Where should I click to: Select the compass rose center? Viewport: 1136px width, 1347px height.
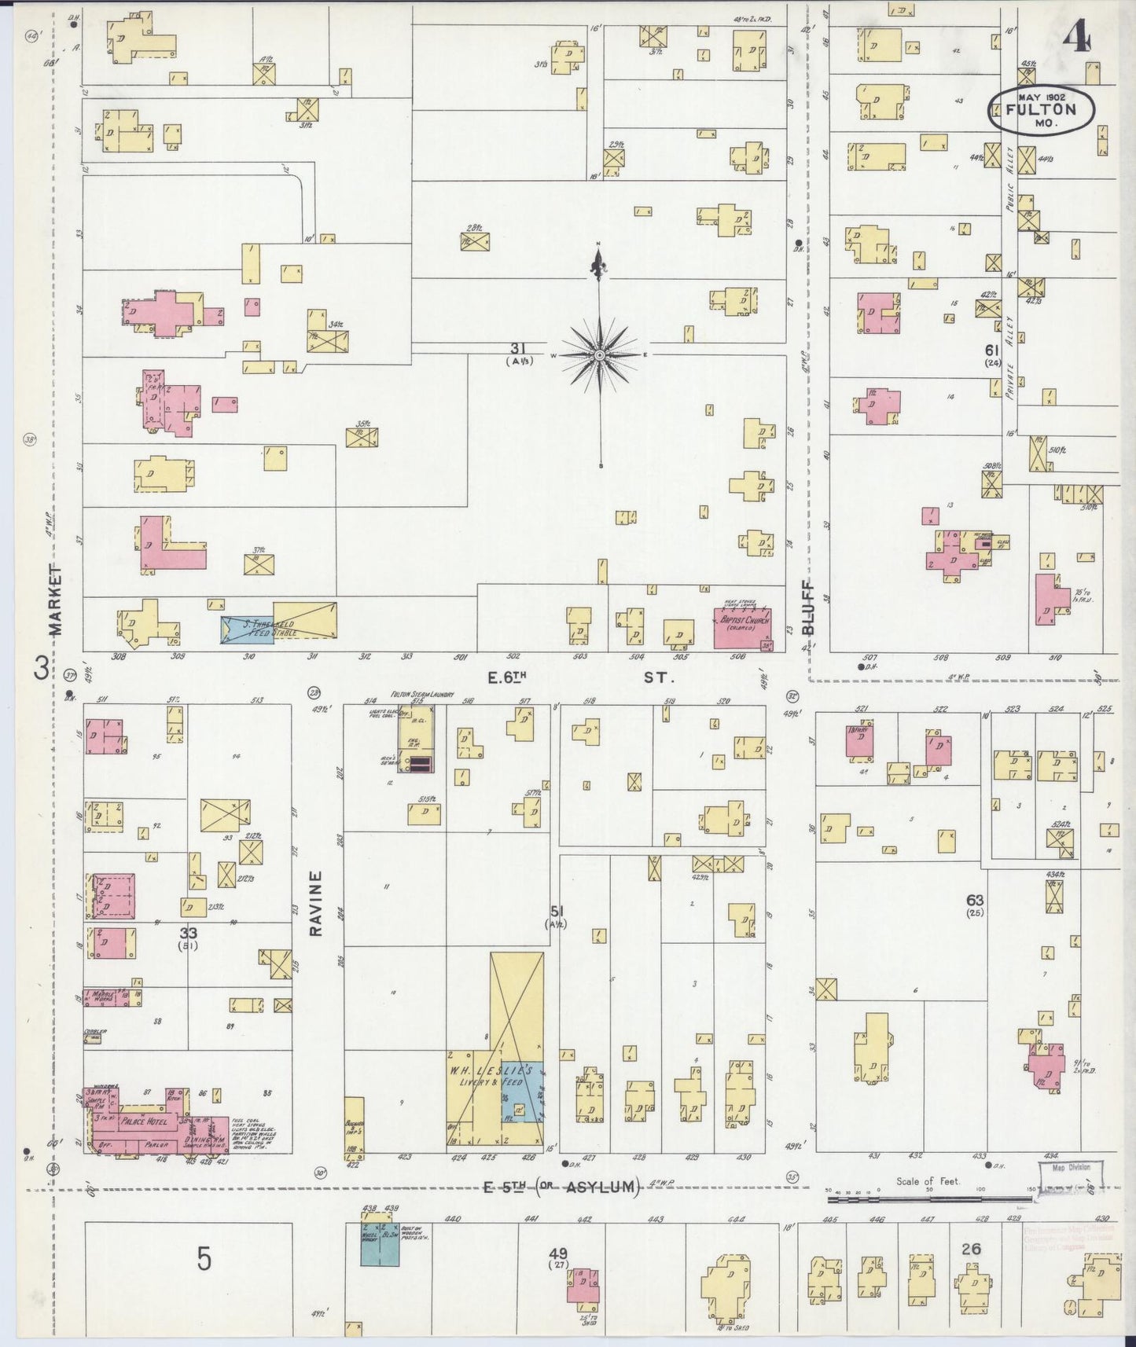(x=600, y=355)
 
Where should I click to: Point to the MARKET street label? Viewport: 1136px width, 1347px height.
(x=55, y=600)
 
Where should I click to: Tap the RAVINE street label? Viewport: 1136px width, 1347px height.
(x=316, y=903)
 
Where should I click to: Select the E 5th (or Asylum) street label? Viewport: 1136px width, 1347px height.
(x=561, y=1187)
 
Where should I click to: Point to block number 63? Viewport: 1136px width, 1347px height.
(x=975, y=900)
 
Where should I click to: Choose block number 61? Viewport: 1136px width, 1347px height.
(x=991, y=350)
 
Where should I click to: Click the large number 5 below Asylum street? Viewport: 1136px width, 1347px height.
(x=204, y=1260)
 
